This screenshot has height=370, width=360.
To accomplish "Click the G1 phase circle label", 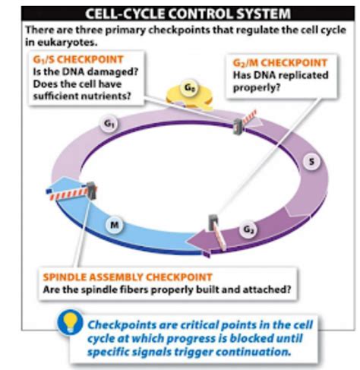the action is tap(109, 124).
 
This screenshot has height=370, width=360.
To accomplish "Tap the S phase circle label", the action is tap(312, 162).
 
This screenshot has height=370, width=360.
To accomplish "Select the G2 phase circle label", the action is tap(248, 230).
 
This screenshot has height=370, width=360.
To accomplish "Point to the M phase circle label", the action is tap(115, 224).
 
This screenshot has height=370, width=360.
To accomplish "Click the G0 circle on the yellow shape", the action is tap(190, 88).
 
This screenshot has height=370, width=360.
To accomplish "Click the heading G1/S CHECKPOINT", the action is tap(78, 60).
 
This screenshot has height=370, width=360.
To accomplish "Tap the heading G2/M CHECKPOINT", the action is tap(280, 63).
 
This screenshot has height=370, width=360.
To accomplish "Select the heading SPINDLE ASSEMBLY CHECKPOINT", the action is tap(128, 277).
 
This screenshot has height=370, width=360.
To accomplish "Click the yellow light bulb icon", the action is tap(71, 322).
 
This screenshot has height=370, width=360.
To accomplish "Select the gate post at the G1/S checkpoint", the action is tap(238, 127).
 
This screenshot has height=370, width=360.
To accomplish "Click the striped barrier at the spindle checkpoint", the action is tap(68, 194).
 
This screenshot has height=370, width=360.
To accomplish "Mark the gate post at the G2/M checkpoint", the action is tap(213, 223).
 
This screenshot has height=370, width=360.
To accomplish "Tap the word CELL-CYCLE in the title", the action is tap(125, 14).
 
